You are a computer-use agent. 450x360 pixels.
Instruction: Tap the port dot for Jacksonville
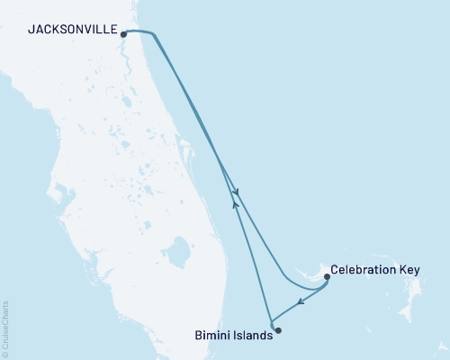pyautogui.click(x=123, y=34)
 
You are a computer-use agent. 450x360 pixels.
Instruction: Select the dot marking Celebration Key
pyautogui.click(x=326, y=277)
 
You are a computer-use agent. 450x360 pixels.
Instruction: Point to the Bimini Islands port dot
pyautogui.click(x=277, y=330)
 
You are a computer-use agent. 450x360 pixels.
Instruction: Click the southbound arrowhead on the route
pyautogui.click(x=236, y=193)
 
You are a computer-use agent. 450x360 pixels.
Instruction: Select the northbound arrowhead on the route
pyautogui.click(x=235, y=203)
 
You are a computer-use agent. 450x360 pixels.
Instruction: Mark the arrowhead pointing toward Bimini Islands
pyautogui.click(x=300, y=302)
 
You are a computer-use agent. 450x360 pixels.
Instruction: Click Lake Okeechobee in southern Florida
pyautogui.click(x=180, y=247)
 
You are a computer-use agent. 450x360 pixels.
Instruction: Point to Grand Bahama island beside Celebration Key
pyautogui.click(x=306, y=269)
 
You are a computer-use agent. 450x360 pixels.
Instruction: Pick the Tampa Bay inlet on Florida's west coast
pyautogui.click(x=58, y=193)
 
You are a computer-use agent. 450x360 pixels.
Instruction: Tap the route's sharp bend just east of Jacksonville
pyautogui.click(x=154, y=34)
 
